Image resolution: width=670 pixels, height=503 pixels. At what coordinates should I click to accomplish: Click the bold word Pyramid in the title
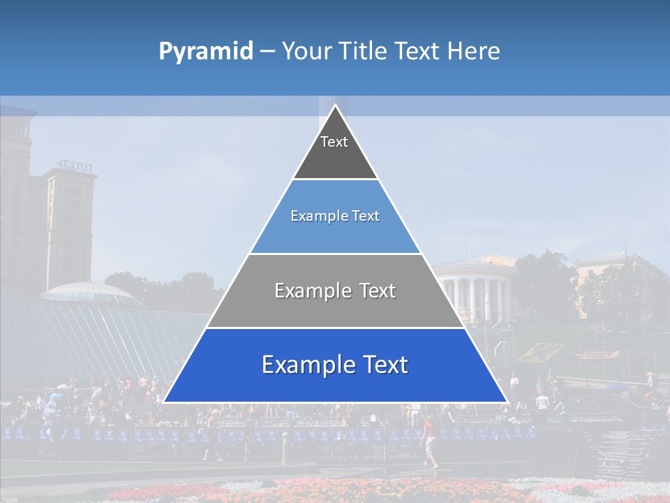pyautogui.click(x=206, y=51)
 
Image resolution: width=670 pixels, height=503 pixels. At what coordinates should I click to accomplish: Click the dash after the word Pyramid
pyautogui.click(x=267, y=52)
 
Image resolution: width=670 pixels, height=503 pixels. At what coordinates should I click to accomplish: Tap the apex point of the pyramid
pyautogui.click(x=335, y=105)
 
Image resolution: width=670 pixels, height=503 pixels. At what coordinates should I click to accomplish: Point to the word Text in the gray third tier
pyautogui.click(x=373, y=291)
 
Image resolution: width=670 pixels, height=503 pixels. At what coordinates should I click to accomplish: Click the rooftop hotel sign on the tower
pyautogui.click(x=75, y=166)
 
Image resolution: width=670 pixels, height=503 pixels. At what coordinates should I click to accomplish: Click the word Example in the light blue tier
pyautogui.click(x=311, y=216)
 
